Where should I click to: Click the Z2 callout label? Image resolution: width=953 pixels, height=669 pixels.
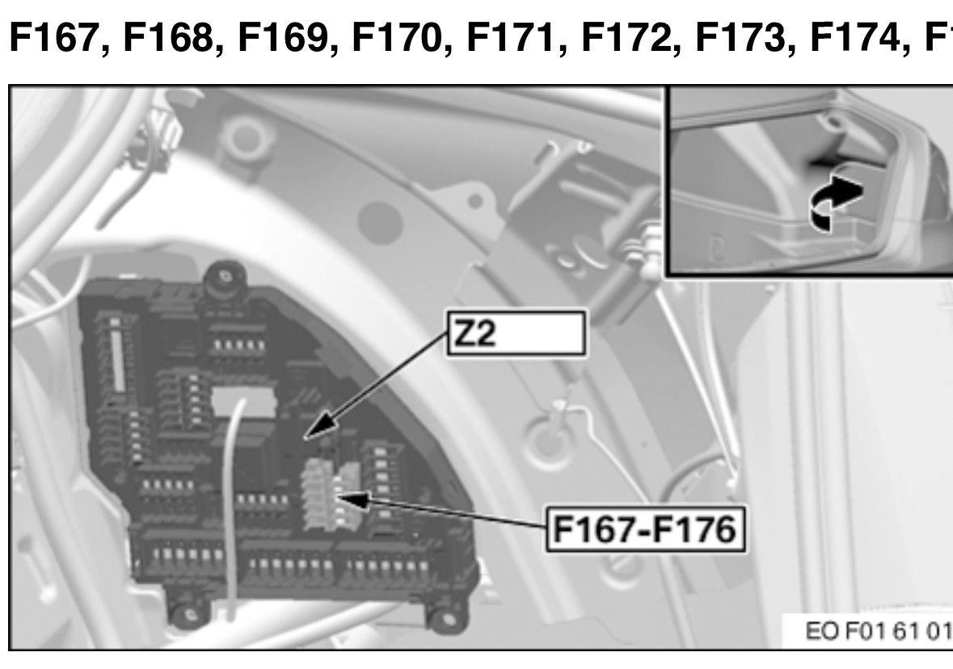click(517, 333)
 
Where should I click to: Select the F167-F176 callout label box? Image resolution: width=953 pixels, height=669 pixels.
click(646, 529)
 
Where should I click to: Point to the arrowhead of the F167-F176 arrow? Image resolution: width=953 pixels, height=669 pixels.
click(352, 499)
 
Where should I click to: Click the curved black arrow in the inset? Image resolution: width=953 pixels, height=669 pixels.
click(834, 200)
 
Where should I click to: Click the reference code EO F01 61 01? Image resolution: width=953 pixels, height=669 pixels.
click(878, 631)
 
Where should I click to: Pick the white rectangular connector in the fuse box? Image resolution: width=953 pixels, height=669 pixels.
click(243, 401)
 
